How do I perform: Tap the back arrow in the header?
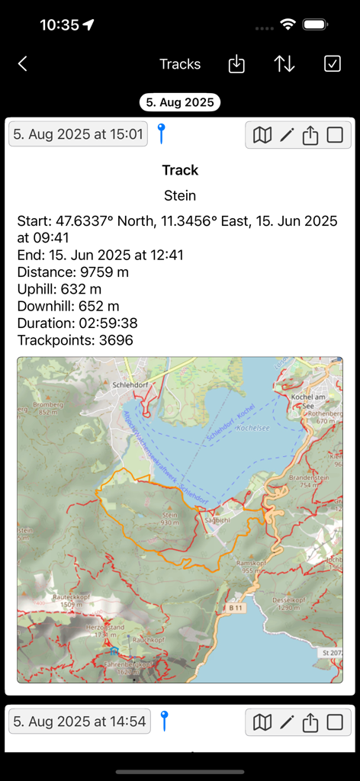[x=23, y=64]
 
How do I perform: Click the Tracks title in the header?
[x=180, y=64]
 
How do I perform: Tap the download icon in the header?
[x=236, y=64]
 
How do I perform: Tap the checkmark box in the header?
[x=333, y=64]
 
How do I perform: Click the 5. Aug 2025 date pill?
[x=180, y=102]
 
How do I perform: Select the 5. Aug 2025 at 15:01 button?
[x=78, y=135]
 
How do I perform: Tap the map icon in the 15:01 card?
[x=262, y=135]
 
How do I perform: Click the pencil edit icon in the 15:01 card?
[x=287, y=135]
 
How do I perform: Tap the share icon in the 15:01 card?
[x=310, y=135]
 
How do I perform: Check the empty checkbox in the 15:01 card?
[x=335, y=135]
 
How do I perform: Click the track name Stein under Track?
[x=180, y=196]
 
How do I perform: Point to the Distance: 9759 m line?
[x=73, y=272]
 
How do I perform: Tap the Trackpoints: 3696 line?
[x=76, y=340]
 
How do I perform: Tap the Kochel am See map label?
[x=310, y=402]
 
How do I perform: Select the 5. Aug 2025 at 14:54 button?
[x=78, y=721]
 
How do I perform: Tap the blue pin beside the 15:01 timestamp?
[x=161, y=133]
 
